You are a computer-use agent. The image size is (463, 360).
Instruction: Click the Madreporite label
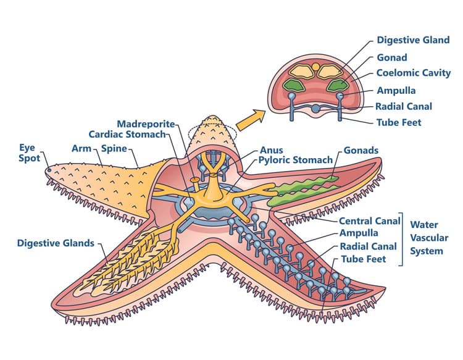(146, 124)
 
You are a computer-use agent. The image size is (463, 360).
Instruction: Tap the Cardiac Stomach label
(127, 135)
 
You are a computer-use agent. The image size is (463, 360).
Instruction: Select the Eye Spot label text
(29, 153)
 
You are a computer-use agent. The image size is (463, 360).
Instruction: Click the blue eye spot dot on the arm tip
(49, 170)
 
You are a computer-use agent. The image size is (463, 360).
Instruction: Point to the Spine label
(114, 149)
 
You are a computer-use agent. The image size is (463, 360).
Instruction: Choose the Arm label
(81, 148)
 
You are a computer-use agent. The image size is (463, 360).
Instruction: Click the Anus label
(271, 150)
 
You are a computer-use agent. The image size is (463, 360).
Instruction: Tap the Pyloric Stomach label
(296, 160)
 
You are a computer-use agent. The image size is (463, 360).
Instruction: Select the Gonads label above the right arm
(361, 150)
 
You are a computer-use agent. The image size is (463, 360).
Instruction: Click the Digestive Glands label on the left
(56, 243)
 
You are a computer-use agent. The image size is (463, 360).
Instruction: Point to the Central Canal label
(369, 221)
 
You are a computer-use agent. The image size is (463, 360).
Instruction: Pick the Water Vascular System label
(429, 238)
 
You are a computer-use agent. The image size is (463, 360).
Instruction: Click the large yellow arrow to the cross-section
(251, 120)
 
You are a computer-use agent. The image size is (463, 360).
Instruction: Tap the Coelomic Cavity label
(414, 73)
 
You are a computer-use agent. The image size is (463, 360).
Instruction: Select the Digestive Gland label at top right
(413, 40)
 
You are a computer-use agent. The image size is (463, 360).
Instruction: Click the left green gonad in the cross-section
(294, 85)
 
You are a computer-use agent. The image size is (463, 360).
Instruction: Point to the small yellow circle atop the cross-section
(315, 67)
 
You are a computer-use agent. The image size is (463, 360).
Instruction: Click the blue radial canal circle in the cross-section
(315, 109)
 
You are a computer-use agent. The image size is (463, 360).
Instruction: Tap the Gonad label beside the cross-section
(392, 57)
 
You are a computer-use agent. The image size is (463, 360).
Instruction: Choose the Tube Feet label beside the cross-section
(399, 122)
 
